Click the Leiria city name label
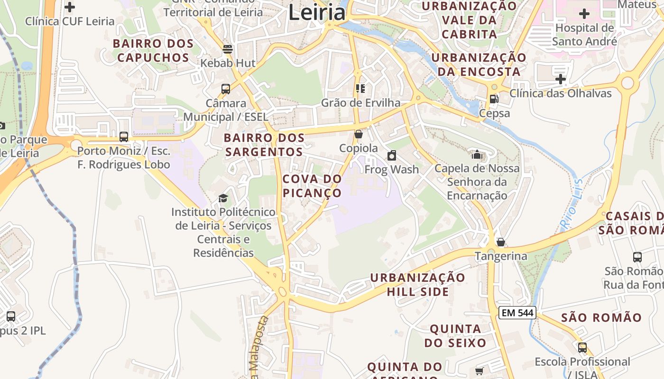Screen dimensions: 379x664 point(317,12)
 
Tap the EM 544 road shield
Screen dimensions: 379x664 point(517,313)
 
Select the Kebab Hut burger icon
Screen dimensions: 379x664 point(228,49)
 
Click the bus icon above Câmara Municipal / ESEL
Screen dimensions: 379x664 point(226,89)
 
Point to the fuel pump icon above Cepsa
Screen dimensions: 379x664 point(494,99)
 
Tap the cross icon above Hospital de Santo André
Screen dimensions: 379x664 point(584,14)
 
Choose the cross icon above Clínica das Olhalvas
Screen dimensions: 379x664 point(561,79)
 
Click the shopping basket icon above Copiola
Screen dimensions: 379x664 point(359,134)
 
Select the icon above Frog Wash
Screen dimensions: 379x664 point(392,155)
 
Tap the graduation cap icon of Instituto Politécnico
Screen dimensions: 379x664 point(223,198)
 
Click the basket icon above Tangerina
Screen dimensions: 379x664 point(501,242)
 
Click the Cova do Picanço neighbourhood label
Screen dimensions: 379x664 point(312,186)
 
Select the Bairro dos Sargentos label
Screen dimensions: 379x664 point(264,145)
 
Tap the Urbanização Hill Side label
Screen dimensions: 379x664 point(418,284)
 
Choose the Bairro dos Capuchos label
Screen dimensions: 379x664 point(153,51)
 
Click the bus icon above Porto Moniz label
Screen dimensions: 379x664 point(124,137)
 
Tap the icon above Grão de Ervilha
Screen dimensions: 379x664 point(360,89)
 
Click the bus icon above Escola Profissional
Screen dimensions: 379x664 point(582,347)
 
